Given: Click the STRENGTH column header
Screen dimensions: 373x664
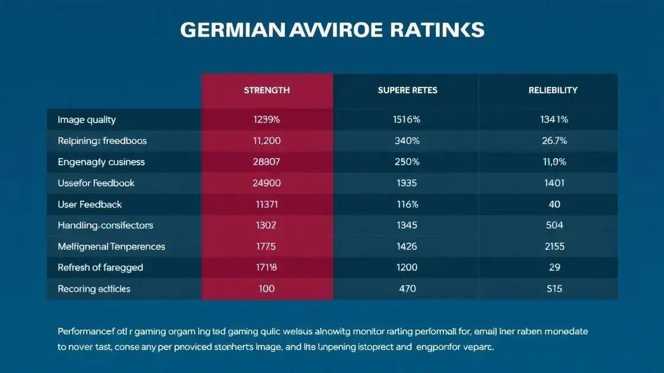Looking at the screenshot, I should [x=267, y=91].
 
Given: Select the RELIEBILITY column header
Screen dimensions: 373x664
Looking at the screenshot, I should [x=553, y=91].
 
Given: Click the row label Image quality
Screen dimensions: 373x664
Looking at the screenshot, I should [x=87, y=120].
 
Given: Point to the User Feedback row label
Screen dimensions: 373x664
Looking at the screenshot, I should [x=90, y=204].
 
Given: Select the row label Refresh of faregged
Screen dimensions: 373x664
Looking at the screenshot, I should [x=100, y=268].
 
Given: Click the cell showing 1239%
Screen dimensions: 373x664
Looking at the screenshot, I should [x=267, y=120].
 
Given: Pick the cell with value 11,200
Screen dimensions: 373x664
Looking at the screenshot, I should [x=267, y=141].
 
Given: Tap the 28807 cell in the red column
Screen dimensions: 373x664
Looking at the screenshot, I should [x=267, y=162].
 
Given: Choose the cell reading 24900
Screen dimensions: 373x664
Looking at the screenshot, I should [x=267, y=184].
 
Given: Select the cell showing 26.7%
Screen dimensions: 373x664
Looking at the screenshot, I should [x=554, y=141].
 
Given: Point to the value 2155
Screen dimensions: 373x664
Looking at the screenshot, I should [x=554, y=246].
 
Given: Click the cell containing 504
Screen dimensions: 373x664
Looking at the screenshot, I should [x=554, y=226].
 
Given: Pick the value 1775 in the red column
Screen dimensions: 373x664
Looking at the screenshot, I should [x=267, y=246].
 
